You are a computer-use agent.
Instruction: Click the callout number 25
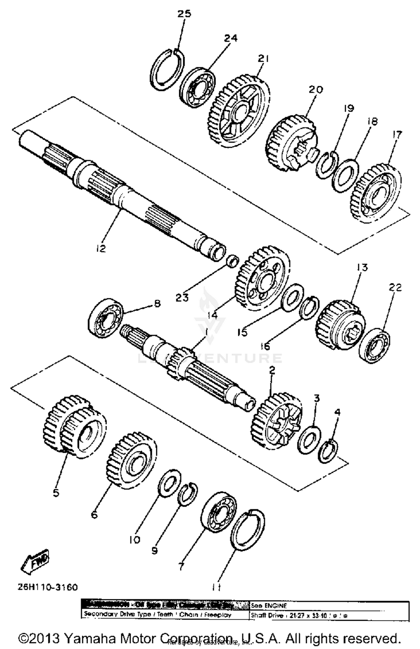coord(184,14)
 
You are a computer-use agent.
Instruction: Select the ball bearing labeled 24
coord(197,87)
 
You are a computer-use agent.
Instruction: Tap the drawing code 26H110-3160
coord(48,587)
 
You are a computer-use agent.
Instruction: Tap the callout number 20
coord(316,90)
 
